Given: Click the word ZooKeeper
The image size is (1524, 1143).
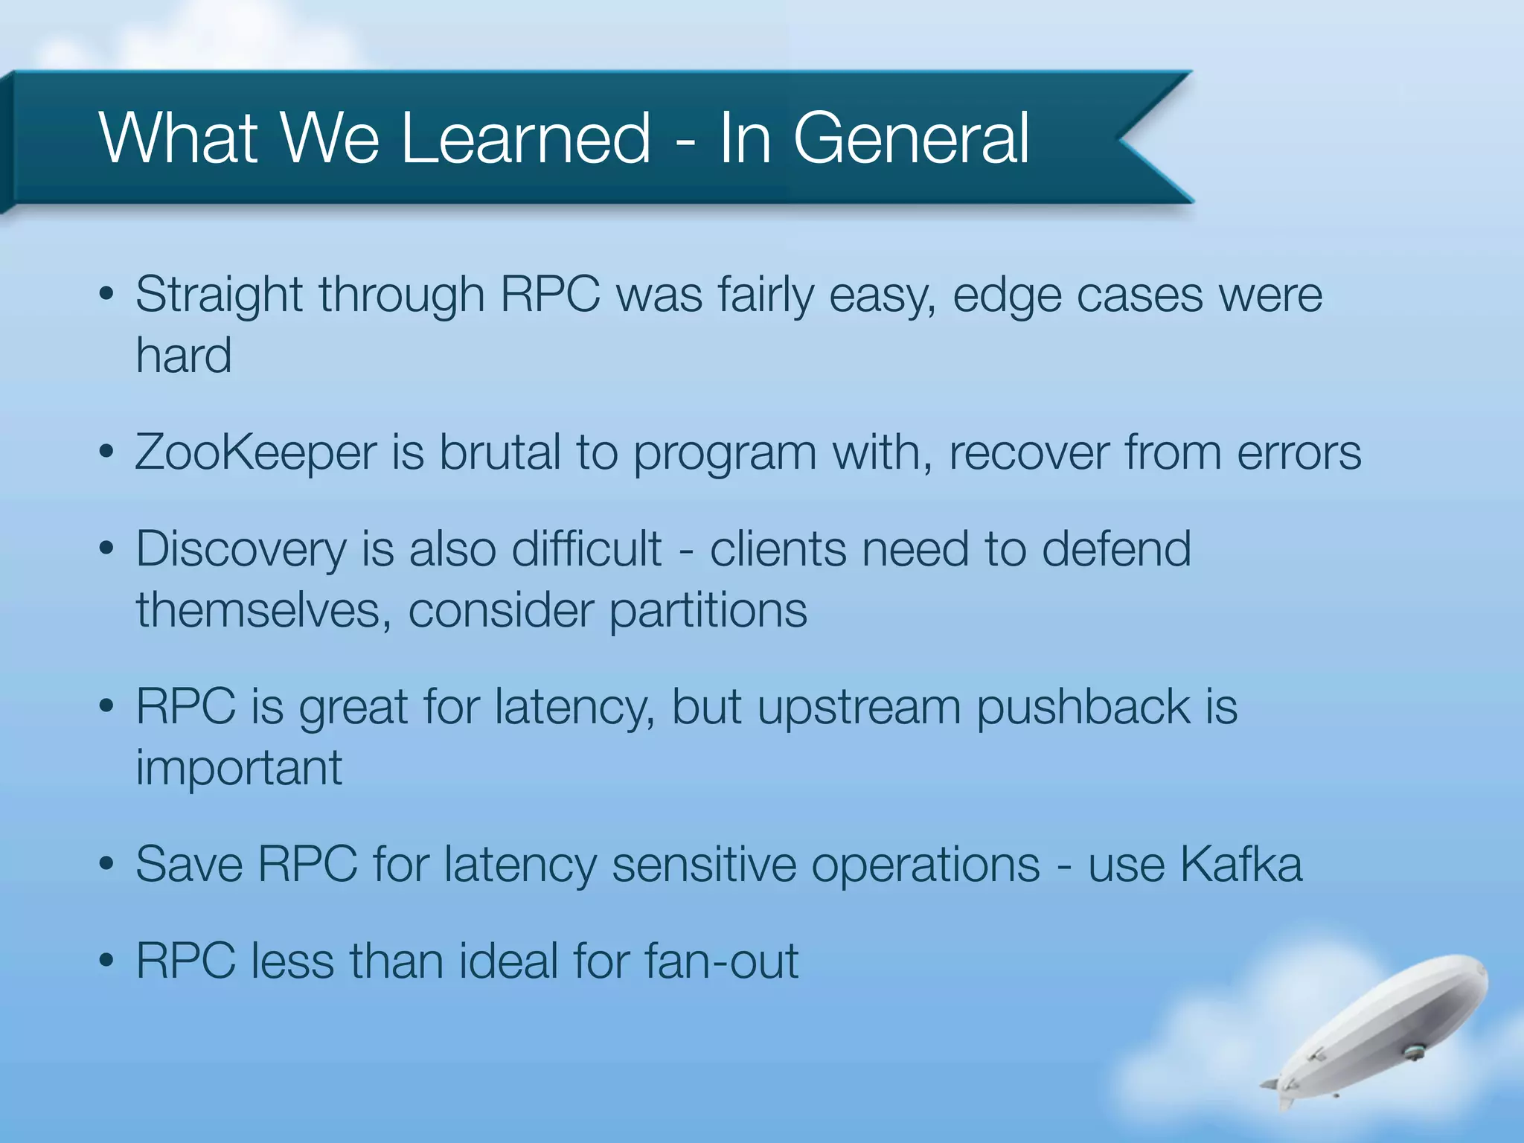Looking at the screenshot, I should pos(255,452).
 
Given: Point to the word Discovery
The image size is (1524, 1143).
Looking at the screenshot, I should pos(241,550).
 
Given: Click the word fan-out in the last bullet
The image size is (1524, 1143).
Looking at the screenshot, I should pos(721,961).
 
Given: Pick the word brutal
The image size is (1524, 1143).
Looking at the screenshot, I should pos(499,452).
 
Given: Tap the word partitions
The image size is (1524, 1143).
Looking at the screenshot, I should pos(708,610).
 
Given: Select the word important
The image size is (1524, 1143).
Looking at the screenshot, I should pos(239,767).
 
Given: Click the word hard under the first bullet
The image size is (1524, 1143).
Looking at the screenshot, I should pos(184,355).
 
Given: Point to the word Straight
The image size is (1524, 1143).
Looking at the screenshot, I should pos(220,295).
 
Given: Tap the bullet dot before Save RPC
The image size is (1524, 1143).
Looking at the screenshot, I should pos(106,865).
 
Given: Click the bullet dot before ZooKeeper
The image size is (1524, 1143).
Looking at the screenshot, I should pos(106,452).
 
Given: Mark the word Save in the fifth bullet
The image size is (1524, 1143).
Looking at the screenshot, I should pos(189,865).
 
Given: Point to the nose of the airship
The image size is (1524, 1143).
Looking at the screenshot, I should pos(1481,971).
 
